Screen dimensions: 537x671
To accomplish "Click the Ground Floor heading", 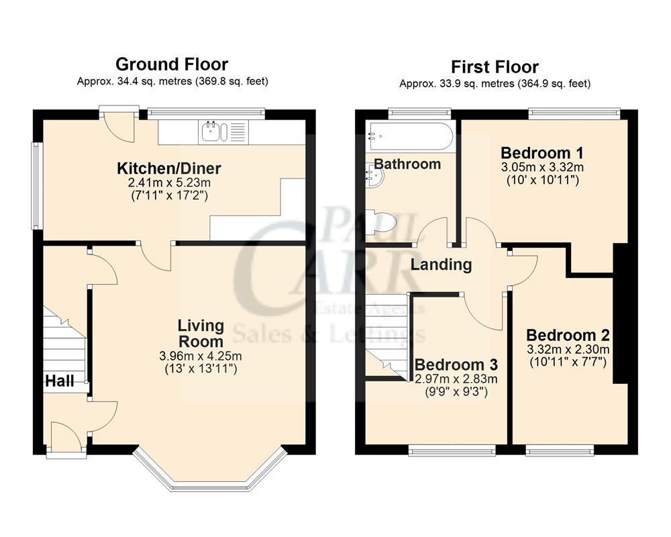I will coord(172,64).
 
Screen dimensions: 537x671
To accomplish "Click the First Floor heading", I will coord(495,67).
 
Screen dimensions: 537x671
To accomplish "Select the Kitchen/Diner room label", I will coord(169,168).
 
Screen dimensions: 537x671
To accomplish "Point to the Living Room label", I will coord(201,333).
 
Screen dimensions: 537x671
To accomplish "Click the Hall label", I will coord(59,381).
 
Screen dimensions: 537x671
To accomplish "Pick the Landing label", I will coord(441,264).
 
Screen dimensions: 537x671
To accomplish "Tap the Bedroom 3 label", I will coord(456,365).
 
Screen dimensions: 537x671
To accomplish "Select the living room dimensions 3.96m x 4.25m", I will coord(201,356).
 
